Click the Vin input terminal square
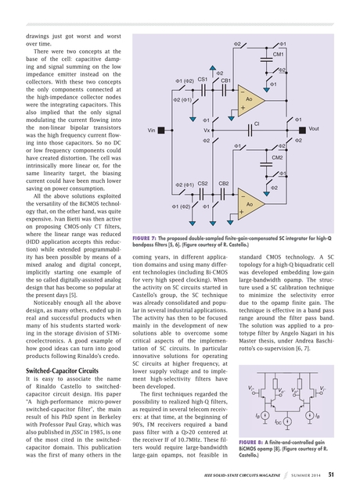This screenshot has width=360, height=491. coord(150,129)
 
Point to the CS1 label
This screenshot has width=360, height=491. coord(202,80)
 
